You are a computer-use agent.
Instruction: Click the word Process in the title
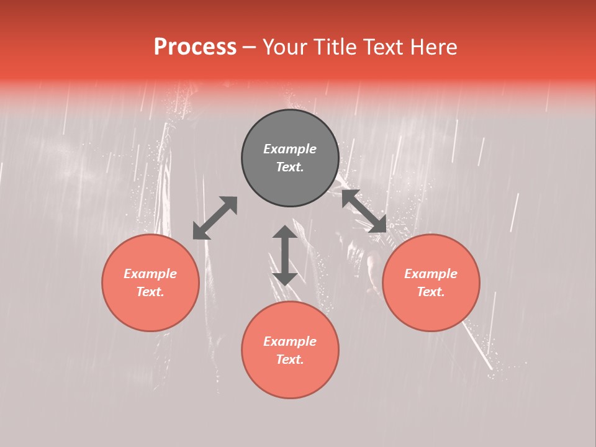click(x=195, y=47)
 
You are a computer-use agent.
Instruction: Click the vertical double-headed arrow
click(x=285, y=255)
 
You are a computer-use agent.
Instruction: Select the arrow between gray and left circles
click(x=215, y=218)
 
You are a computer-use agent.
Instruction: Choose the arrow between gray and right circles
click(x=364, y=212)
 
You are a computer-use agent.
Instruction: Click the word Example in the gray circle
click(x=290, y=149)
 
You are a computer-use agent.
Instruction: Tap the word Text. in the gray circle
click(x=290, y=167)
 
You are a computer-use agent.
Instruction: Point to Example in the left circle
click(x=150, y=274)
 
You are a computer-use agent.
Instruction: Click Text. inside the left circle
click(x=150, y=292)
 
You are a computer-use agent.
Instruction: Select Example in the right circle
click(x=431, y=274)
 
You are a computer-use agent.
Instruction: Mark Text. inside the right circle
click(x=431, y=292)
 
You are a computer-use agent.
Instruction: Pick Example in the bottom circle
click(x=290, y=341)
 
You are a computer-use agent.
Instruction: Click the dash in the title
click(x=250, y=47)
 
